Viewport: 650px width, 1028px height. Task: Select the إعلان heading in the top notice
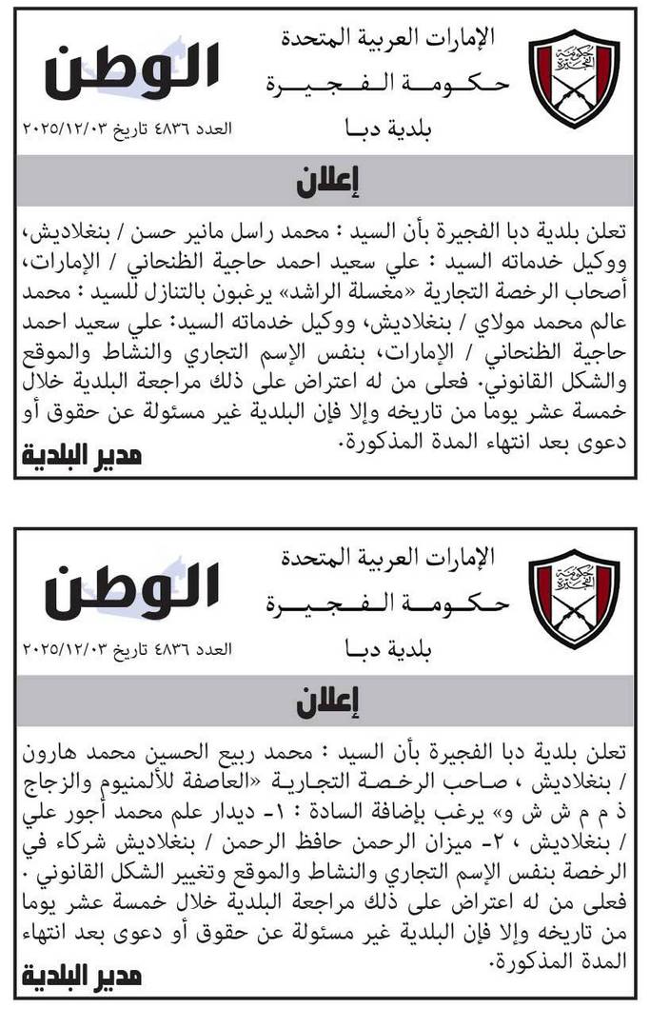point(325,180)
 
